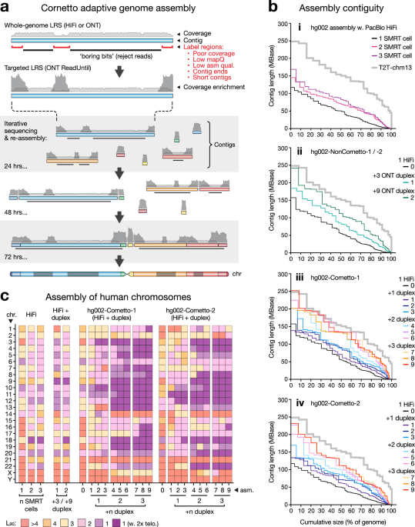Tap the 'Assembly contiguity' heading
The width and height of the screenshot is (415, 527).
[x=336, y=8]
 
